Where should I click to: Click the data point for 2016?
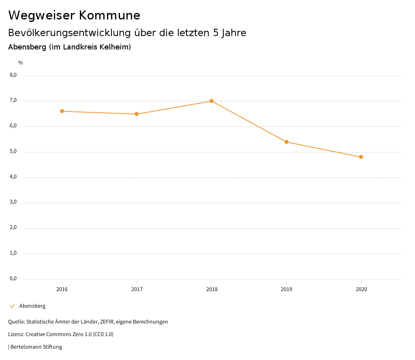tap(62, 111)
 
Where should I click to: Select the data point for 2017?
tap(137, 114)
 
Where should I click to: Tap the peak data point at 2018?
tap(212, 101)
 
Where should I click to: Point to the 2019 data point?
tap(287, 142)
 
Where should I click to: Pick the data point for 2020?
tap(361, 157)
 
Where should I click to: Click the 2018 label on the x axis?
tap(212, 289)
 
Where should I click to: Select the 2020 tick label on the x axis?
tap(361, 289)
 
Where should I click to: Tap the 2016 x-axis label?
tap(62, 289)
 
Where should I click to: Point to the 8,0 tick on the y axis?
tap(13, 75)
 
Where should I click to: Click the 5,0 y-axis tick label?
tap(13, 152)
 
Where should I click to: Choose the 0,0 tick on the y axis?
tap(13, 279)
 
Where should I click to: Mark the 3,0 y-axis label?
tap(13, 202)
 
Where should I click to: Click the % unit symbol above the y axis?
tap(21, 63)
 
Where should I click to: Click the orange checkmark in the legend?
tap(12, 306)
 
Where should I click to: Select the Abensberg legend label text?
tap(32, 306)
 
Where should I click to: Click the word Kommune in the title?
tap(109, 15)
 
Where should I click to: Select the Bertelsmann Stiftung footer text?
tap(36, 347)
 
